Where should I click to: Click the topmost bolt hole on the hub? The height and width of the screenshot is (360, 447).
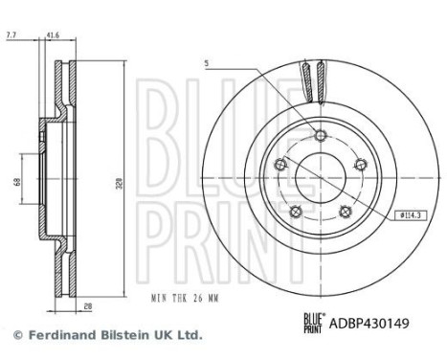(x=320, y=134)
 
